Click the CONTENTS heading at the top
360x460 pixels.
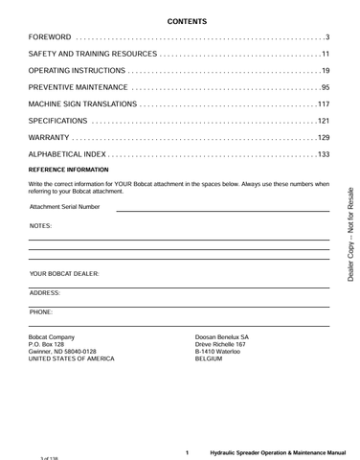coord(179,20)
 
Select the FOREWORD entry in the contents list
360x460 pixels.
coord(52,36)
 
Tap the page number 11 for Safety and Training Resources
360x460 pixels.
coord(325,54)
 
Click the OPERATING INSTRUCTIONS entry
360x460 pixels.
coord(78,71)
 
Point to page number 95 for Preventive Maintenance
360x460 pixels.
coord(325,87)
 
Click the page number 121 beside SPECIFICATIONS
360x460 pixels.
coord(323,121)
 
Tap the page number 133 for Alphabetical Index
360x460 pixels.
coord(323,154)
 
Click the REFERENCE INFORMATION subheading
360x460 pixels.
coord(68,170)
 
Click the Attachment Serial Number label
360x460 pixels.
coord(65,207)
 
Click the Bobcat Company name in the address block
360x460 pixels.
coord(53,336)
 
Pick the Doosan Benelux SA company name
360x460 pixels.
coord(222,336)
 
